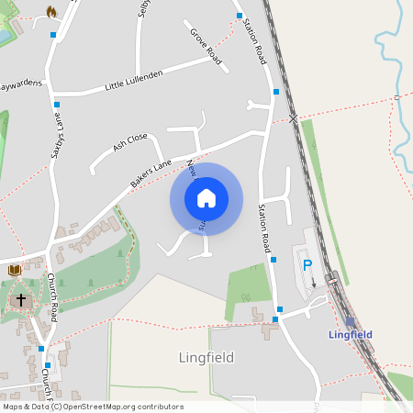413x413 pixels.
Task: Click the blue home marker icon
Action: [x=206, y=198]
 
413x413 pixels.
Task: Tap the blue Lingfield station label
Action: [x=351, y=335]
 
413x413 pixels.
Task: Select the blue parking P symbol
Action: [x=307, y=265]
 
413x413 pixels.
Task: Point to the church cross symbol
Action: [x=20, y=300]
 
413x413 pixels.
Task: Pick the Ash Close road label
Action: [x=129, y=142]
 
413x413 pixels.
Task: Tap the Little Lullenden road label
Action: [x=133, y=79]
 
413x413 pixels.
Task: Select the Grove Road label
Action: [x=206, y=46]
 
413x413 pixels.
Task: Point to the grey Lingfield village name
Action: [x=206, y=357]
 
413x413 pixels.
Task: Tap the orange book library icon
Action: [x=15, y=270]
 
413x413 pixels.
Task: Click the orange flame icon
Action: [x=51, y=12]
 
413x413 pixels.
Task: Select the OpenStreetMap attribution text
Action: [x=93, y=407]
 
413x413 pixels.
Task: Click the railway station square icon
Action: [x=349, y=321]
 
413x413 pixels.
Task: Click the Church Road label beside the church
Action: [x=52, y=297]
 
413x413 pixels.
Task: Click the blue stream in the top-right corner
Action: [x=391, y=55]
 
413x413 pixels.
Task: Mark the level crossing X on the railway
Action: [x=293, y=118]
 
